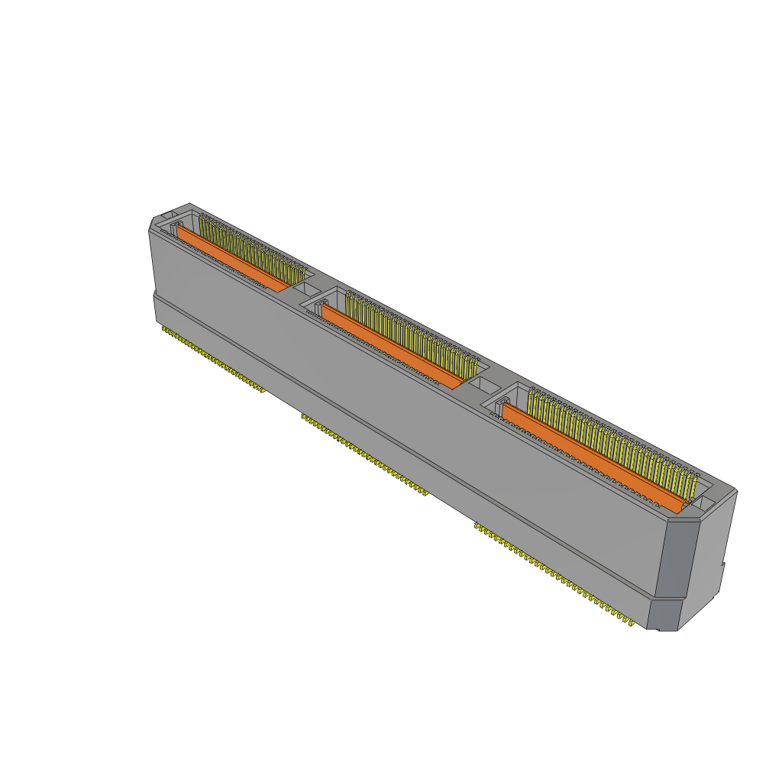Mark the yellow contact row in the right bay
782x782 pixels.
click(x=611, y=439)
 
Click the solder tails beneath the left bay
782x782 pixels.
click(x=214, y=359)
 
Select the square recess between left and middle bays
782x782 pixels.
click(x=307, y=289)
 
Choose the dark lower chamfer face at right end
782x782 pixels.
click(x=668, y=616)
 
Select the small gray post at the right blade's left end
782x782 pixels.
click(x=500, y=405)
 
